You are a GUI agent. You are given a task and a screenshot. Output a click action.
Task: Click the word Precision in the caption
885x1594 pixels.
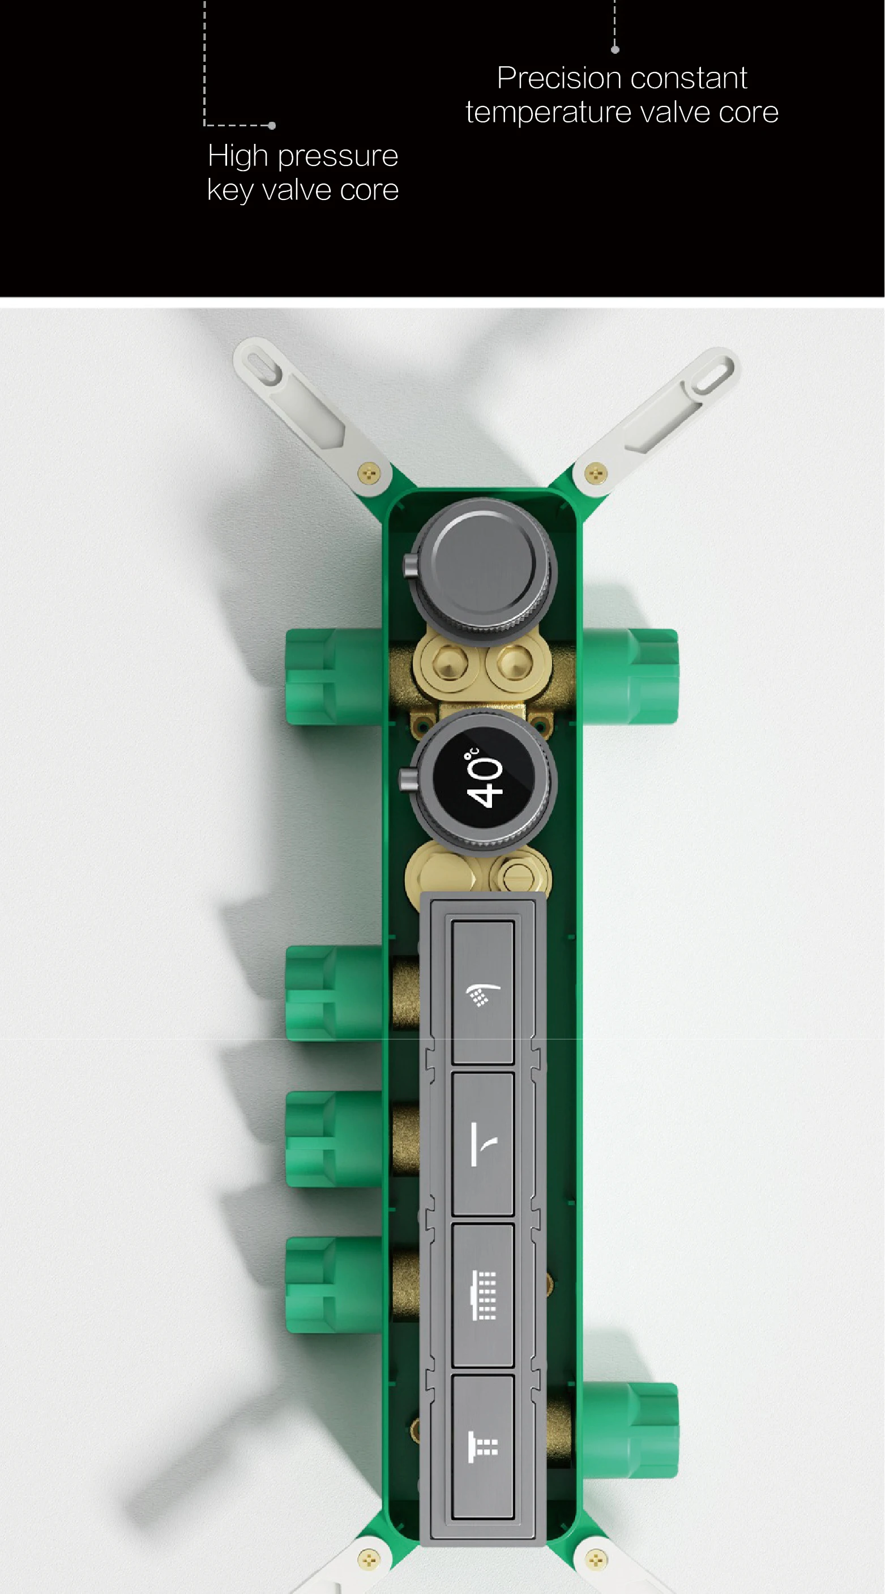558,78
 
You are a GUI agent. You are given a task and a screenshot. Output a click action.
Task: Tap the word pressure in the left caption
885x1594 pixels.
337,156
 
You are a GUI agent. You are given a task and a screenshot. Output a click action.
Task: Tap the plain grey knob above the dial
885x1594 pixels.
483,564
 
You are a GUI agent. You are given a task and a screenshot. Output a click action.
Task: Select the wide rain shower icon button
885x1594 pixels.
483,1295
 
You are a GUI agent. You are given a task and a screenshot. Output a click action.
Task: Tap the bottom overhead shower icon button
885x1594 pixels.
483,1447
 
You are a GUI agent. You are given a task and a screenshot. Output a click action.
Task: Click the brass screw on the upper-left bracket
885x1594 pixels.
369,475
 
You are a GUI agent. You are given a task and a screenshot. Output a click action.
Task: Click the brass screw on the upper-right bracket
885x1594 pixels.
596,475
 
